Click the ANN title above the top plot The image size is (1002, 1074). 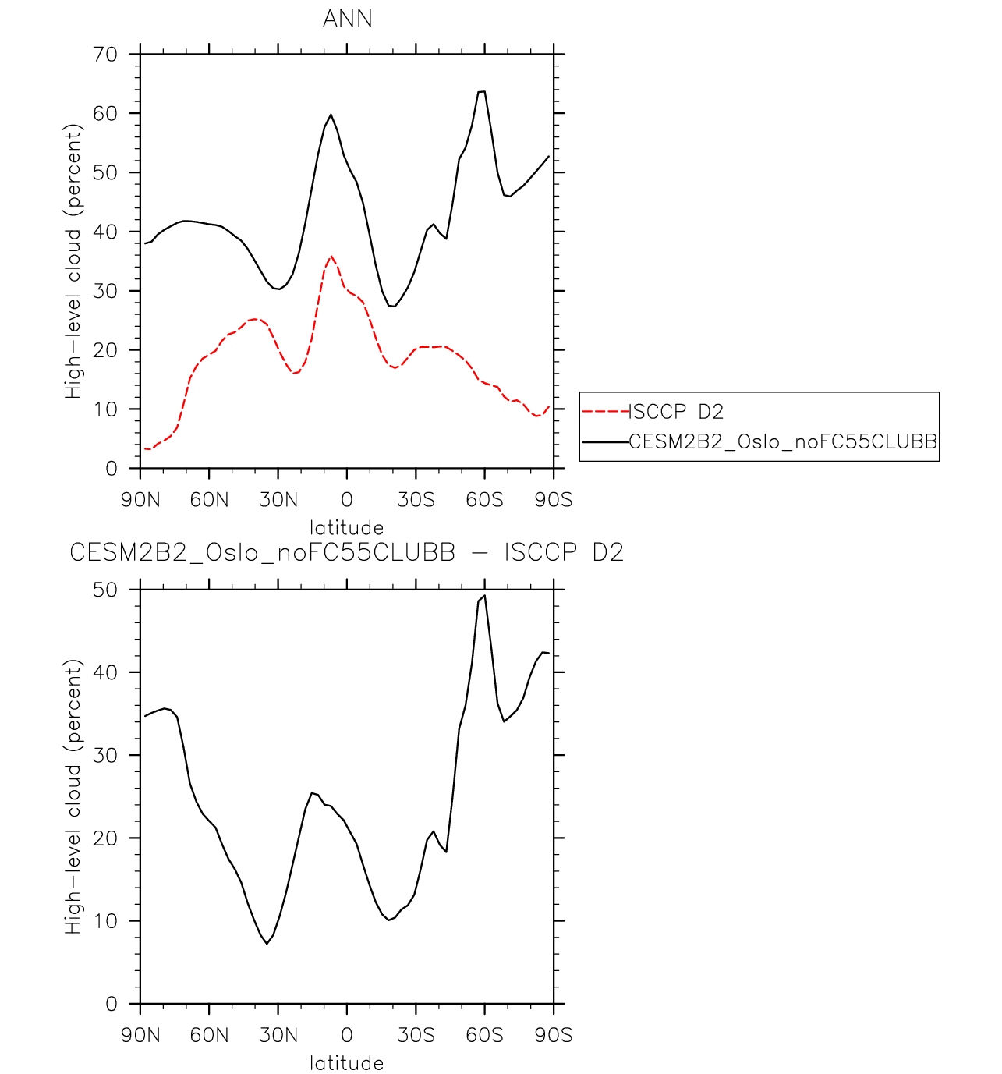click(347, 19)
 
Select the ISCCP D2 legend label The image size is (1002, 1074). click(676, 412)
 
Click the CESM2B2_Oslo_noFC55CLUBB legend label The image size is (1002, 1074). click(783, 442)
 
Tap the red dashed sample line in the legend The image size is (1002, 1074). click(606, 411)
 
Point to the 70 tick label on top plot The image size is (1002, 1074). click(104, 55)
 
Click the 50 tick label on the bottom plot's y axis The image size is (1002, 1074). click(104, 590)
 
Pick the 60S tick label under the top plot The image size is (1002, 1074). click(484, 500)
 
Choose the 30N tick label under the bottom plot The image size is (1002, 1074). click(278, 1036)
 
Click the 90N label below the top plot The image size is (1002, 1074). click(140, 500)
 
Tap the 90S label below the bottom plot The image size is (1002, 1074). click(554, 1036)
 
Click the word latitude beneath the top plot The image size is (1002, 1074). click(347, 527)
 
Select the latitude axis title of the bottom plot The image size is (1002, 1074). click(347, 1063)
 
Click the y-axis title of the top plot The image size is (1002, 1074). click(73, 261)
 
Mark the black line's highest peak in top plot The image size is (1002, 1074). click(482, 91)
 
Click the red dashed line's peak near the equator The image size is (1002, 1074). click(331, 256)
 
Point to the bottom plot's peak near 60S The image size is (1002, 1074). click(485, 596)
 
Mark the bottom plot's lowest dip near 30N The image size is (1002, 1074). click(267, 944)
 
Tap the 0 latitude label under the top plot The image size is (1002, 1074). click(347, 500)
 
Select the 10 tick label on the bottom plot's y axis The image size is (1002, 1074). click(104, 921)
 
